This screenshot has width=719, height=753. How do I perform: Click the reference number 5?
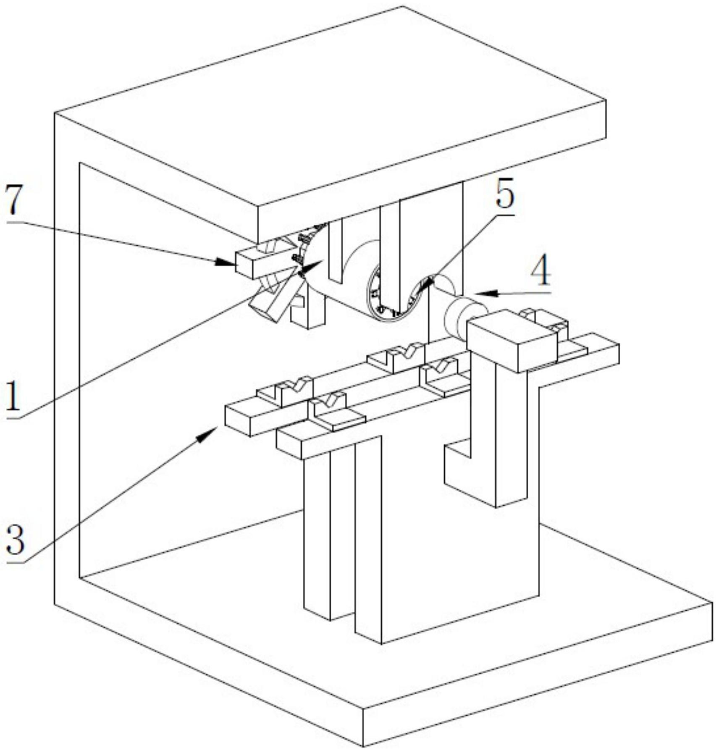[x=505, y=196]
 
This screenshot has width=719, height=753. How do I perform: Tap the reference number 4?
[x=541, y=271]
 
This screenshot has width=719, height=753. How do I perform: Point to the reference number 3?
[x=15, y=540]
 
